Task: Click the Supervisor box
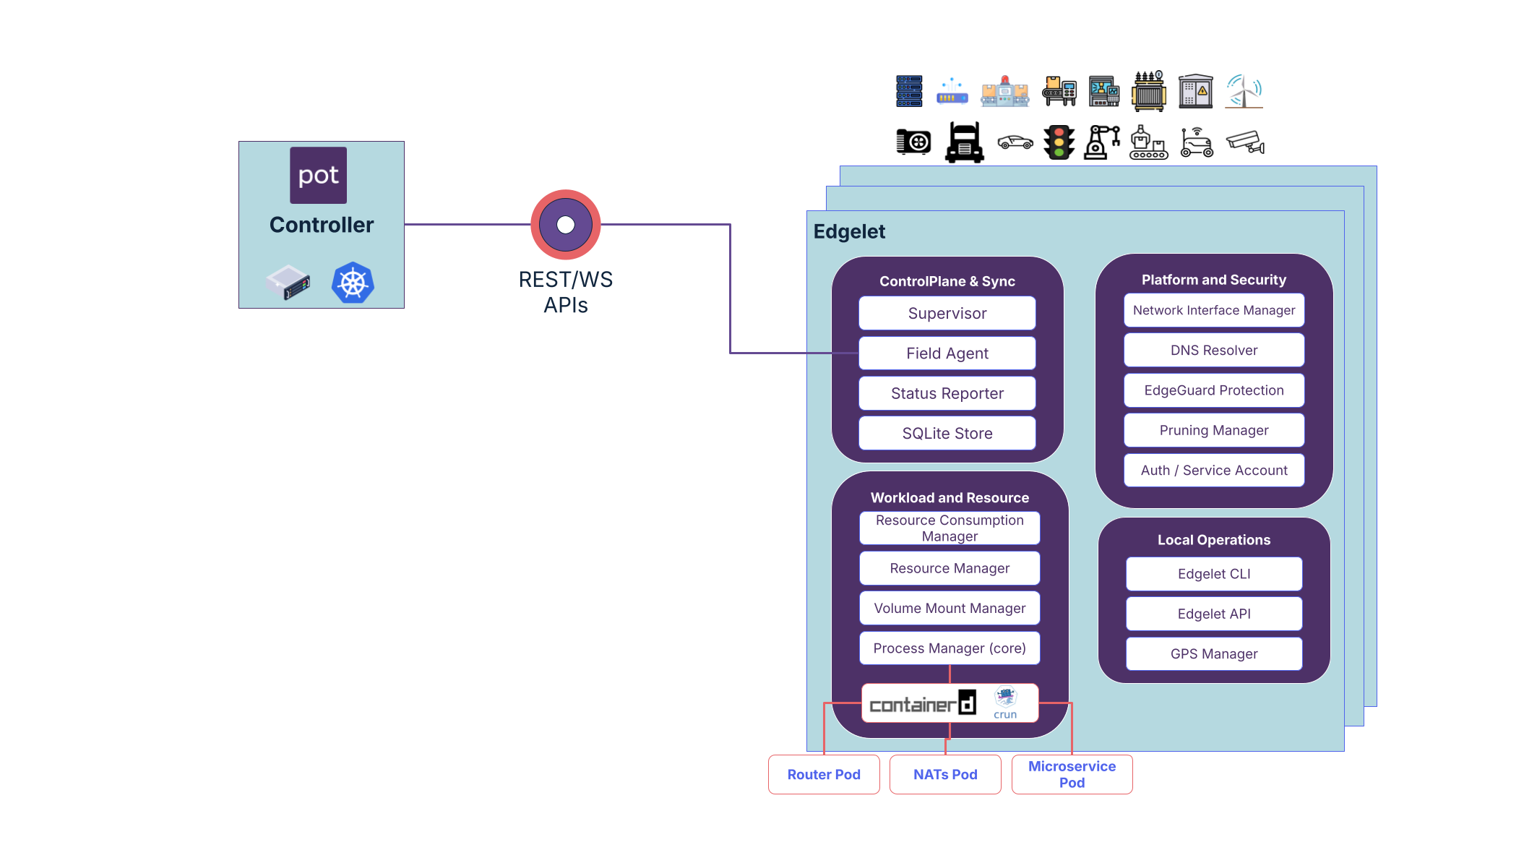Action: pyautogui.click(x=947, y=313)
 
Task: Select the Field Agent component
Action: pyautogui.click(x=947, y=353)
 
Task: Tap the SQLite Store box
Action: pyautogui.click(x=947, y=433)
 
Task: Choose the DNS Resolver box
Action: pyautogui.click(x=1214, y=350)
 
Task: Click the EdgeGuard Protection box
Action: pyautogui.click(x=1214, y=390)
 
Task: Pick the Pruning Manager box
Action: pyautogui.click(x=1214, y=430)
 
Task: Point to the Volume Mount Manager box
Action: pyautogui.click(x=950, y=608)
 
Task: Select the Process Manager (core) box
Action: pyautogui.click(x=950, y=648)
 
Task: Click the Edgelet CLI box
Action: pyautogui.click(x=1214, y=574)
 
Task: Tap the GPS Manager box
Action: pyautogui.click(x=1214, y=653)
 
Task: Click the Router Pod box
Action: pyautogui.click(x=824, y=774)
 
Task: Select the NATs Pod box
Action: pyautogui.click(x=945, y=774)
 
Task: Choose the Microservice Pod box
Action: pyautogui.click(x=1072, y=774)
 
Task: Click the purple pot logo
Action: pyautogui.click(x=318, y=176)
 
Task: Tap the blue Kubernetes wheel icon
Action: pyautogui.click(x=353, y=283)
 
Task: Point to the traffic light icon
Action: pyautogui.click(x=1059, y=142)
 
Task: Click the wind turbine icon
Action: pyautogui.click(x=1244, y=91)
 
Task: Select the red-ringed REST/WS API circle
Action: pyautogui.click(x=566, y=225)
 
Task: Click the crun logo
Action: pyautogui.click(x=1005, y=703)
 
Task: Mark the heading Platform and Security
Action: pyautogui.click(x=1214, y=280)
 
